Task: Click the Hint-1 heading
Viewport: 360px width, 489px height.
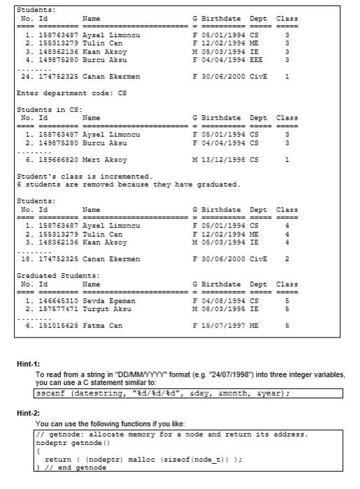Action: click(x=29, y=363)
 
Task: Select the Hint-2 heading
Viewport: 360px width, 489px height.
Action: click(x=29, y=413)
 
